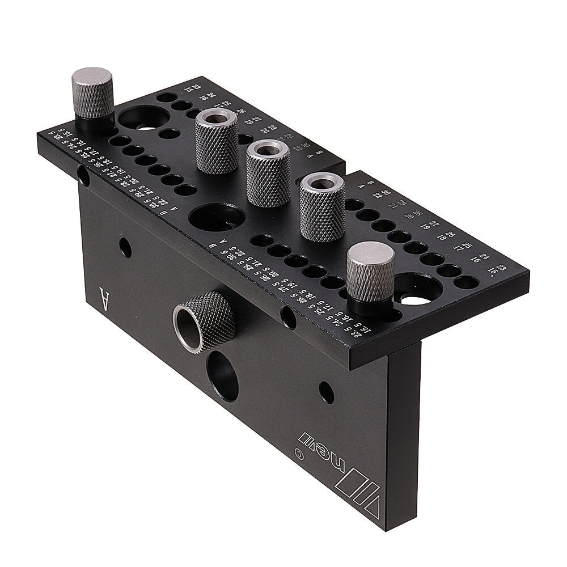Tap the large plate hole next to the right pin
(418, 289)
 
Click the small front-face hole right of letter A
(126, 248)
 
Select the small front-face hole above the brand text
(326, 392)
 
